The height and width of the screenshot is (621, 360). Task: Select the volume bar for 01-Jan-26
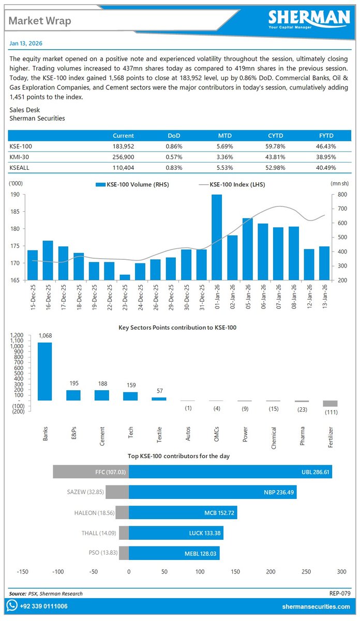click(x=217, y=238)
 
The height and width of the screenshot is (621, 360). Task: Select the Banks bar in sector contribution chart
click(x=44, y=371)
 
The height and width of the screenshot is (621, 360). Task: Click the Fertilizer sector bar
click(x=330, y=404)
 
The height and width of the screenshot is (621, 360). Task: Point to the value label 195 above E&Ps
click(x=73, y=383)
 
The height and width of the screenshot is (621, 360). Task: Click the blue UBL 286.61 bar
click(x=230, y=472)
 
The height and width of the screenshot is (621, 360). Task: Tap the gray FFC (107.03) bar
click(x=91, y=472)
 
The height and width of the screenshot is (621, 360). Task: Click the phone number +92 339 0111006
click(x=43, y=607)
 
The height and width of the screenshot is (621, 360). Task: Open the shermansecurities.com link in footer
click(x=316, y=607)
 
